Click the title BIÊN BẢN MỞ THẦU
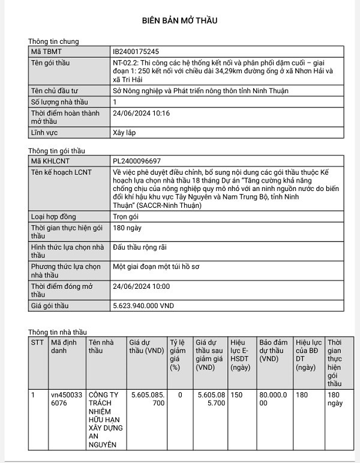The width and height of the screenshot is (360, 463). click(179, 20)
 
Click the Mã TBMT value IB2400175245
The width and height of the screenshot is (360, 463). click(136, 52)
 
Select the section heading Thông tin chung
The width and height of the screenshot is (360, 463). click(53, 41)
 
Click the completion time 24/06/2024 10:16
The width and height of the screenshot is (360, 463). click(141, 113)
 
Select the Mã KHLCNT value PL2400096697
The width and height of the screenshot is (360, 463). click(136, 162)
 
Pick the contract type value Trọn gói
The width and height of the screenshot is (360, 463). click(126, 217)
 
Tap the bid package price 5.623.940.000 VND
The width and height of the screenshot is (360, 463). click(143, 306)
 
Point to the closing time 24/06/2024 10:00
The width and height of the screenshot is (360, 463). click(141, 286)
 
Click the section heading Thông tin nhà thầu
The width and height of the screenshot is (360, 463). click(58, 332)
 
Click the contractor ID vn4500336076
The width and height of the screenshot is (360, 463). click(64, 399)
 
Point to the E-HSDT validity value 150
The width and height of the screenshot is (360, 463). click(236, 395)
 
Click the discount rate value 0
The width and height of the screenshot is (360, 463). click(179, 395)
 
